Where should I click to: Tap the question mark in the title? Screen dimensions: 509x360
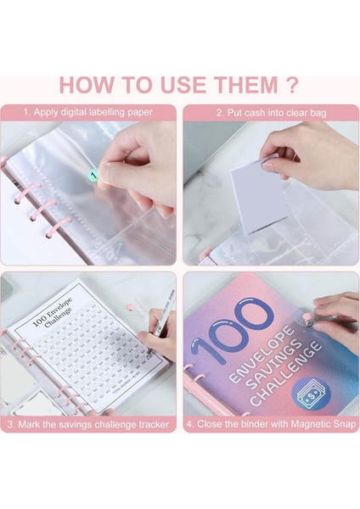(291, 85)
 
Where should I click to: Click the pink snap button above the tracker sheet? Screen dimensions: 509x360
(129, 305)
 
